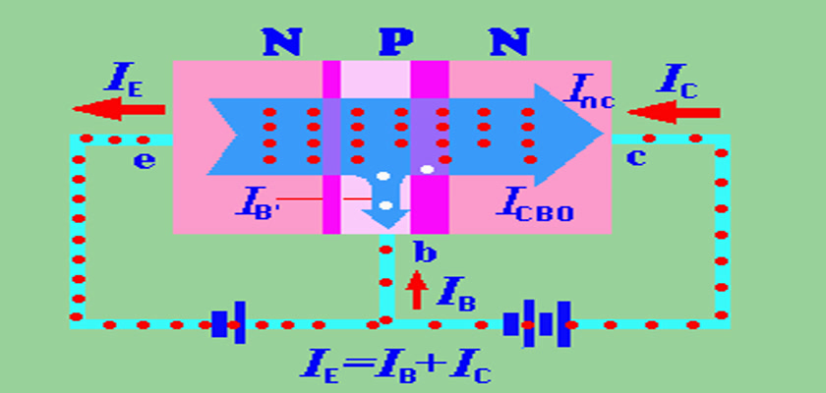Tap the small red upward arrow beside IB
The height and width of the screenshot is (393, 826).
(x=418, y=290)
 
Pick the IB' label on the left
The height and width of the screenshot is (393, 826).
(x=260, y=200)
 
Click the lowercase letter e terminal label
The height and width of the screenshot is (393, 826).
(x=144, y=159)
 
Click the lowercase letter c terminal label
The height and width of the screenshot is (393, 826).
(x=636, y=157)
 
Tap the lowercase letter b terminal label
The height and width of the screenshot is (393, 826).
(x=424, y=253)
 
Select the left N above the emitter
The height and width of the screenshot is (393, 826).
(x=281, y=42)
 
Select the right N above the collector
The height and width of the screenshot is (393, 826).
(x=507, y=42)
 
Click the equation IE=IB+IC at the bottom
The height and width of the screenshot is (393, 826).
(x=397, y=369)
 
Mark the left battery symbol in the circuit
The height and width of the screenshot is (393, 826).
(x=228, y=323)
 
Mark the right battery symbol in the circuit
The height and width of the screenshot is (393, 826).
(x=537, y=323)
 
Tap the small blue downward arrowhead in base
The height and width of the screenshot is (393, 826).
(x=386, y=219)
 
